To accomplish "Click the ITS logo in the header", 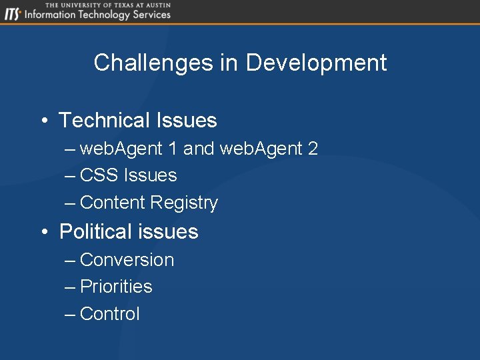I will click(13, 14).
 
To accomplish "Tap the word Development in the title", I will click(316, 63).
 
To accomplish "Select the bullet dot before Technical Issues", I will click(43, 121).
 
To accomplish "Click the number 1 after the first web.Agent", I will click(173, 149).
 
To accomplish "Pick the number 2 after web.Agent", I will click(313, 149).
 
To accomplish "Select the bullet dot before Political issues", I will click(43, 232).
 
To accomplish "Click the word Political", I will click(94, 232).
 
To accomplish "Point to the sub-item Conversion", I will click(127, 260).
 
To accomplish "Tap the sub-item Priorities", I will click(116, 287).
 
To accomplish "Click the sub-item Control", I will click(110, 314).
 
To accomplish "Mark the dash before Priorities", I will click(70, 287).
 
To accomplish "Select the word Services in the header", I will click(152, 15).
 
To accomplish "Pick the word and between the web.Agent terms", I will click(199, 149).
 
